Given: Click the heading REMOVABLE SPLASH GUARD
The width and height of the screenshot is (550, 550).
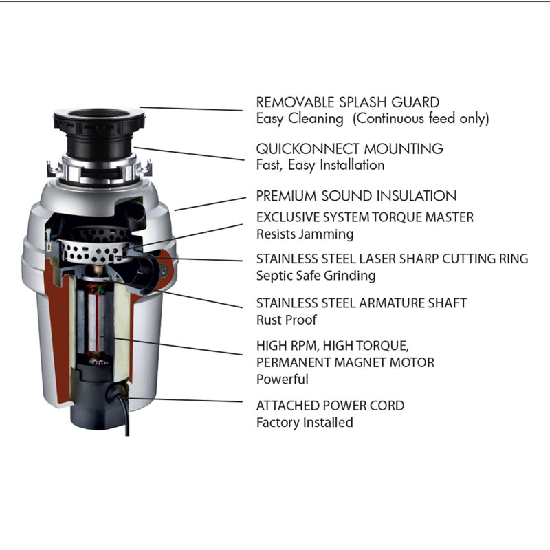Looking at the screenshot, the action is pos(348,102).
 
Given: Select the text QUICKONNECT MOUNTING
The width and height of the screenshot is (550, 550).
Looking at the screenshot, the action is pos(350,148).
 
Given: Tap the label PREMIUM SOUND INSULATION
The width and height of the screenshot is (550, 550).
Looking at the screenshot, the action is pos(356,196).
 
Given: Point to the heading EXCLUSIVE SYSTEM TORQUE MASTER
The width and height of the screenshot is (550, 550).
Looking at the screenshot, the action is pos(365,217).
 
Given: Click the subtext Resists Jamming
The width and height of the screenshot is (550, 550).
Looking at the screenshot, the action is pos(305,234).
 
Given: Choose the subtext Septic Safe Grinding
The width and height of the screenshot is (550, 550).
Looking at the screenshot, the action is pos(316,276).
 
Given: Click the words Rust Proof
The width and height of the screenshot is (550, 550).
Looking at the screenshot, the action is pos(287,320).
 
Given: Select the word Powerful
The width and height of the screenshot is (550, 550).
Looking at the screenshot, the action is pos(283,379).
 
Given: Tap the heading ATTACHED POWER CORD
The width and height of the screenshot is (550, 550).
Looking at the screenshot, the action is pos(330,406).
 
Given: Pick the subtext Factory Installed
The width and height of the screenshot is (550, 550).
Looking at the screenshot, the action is pos(305,422).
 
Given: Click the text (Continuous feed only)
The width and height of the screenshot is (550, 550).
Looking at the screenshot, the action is pos(421,118).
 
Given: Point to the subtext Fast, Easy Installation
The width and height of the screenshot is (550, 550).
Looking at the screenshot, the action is pos(320,165).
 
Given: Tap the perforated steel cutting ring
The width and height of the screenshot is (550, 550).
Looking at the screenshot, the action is pos(93,252).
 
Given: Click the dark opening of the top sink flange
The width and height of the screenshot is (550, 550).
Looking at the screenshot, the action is pos(99,113).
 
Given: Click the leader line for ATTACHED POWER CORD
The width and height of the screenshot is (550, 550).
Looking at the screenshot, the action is pos(184,400).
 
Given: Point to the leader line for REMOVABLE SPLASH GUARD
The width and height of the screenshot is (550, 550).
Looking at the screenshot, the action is pos(191,109).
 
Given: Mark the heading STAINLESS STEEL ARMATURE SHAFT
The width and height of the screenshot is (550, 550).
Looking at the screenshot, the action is pos(362,302).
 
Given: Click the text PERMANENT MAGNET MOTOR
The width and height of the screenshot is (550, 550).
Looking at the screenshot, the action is pos(345,362).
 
